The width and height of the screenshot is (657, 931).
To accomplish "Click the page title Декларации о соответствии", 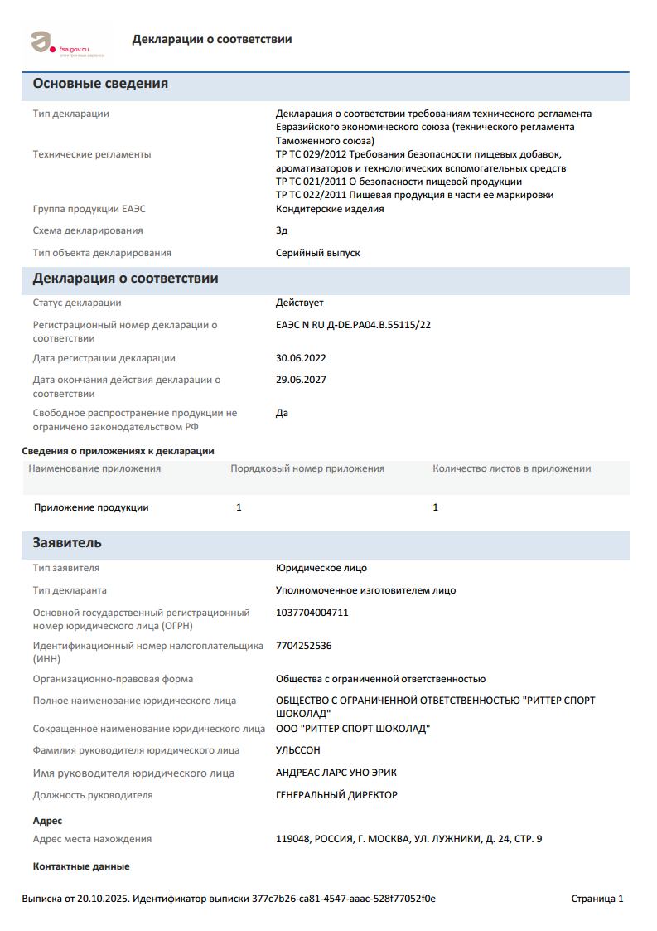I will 211,39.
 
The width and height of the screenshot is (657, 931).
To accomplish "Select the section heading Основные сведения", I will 100,84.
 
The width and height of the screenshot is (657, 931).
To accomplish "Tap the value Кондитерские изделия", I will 329,209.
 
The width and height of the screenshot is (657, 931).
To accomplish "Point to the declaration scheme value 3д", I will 282,230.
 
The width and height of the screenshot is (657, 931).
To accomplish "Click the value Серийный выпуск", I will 317,253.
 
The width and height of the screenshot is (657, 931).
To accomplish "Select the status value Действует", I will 299,303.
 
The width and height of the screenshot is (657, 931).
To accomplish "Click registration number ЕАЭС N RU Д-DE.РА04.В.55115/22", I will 353,325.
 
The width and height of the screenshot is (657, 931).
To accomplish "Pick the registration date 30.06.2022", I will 301,358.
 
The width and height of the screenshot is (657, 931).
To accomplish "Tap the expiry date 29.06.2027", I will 301,380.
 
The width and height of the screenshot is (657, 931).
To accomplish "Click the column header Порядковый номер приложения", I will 307,468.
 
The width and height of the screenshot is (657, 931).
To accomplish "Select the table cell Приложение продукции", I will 91,507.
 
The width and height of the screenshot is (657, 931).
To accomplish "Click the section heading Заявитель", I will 67,543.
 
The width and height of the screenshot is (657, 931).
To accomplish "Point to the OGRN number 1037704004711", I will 312,613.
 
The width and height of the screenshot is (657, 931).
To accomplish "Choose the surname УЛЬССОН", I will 297,750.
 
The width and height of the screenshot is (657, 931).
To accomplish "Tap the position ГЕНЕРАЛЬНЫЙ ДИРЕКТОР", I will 336,795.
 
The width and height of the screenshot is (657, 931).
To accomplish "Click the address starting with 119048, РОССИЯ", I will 408,839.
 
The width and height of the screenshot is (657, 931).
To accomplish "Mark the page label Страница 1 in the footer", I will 597,899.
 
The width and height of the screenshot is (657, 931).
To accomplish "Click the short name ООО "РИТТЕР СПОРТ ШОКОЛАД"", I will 353,729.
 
